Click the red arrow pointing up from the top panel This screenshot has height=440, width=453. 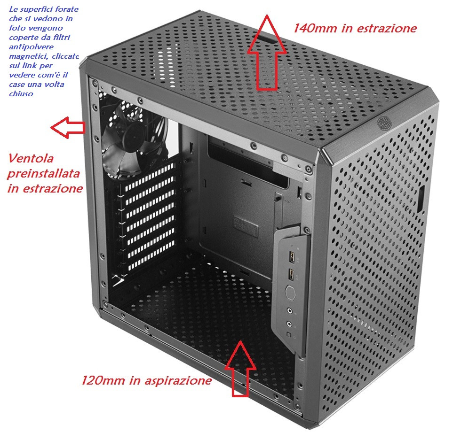[x=267, y=54]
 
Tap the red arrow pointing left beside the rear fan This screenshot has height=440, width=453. [x=68, y=127]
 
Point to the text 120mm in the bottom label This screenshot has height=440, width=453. [x=103, y=380]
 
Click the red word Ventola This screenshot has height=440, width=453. [x=31, y=158]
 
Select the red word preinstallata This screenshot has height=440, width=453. [x=43, y=174]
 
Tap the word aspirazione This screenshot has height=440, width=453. [x=178, y=381]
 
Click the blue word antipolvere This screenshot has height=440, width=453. [x=31, y=46]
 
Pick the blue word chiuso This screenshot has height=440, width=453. [x=21, y=94]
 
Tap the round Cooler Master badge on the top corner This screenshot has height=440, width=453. [x=384, y=123]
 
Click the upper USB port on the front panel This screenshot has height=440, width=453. [x=292, y=256]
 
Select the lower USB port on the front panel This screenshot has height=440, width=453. [x=291, y=274]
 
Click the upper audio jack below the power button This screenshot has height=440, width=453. [x=289, y=311]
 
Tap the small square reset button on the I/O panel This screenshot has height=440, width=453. [x=288, y=334]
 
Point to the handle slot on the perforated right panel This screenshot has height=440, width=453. [x=421, y=199]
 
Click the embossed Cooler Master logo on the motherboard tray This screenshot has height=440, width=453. [x=246, y=226]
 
